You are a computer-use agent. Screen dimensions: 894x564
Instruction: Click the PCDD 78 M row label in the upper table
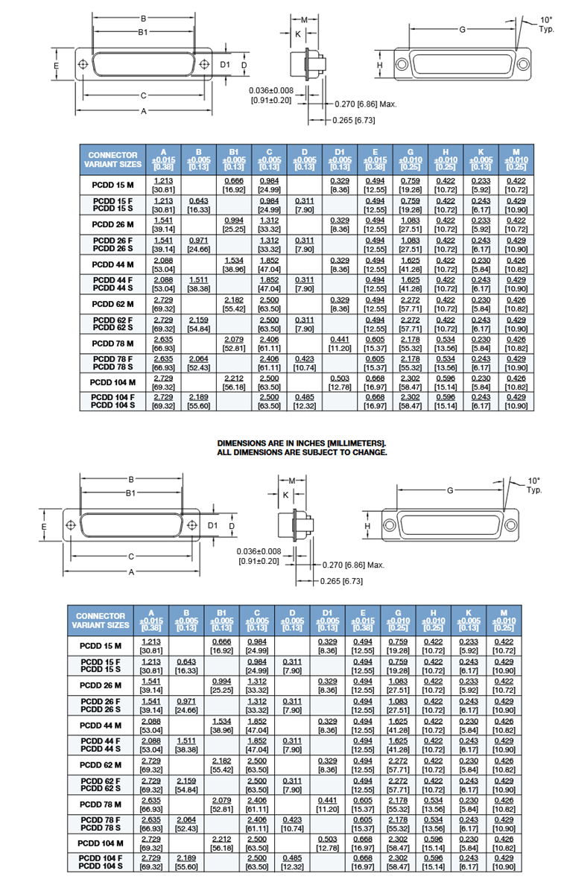pyautogui.click(x=113, y=343)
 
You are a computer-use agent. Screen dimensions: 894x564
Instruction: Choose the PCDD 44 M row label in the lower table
pyautogui.click(x=100, y=725)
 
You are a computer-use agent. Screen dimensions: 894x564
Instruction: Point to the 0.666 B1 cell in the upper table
pyautogui.click(x=234, y=185)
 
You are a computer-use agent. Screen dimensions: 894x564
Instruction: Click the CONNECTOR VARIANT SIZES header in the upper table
pyautogui.click(x=113, y=159)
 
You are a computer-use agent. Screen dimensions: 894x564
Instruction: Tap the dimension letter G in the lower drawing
pyautogui.click(x=450, y=491)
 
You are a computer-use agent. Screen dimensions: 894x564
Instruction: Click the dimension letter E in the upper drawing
pyautogui.click(x=57, y=67)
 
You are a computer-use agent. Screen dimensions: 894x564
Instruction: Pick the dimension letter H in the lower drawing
pyautogui.click(x=367, y=526)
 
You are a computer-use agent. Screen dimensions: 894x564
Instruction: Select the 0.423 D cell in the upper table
pyautogui.click(x=304, y=364)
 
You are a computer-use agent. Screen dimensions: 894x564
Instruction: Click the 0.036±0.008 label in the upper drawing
pyautogui.click(x=271, y=90)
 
